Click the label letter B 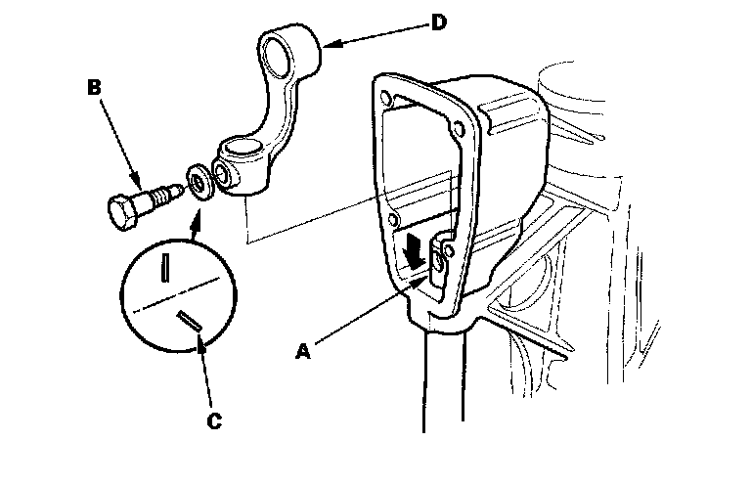point(94,87)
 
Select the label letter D point(438,22)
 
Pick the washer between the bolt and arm point(199,183)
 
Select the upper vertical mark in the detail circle point(168,266)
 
